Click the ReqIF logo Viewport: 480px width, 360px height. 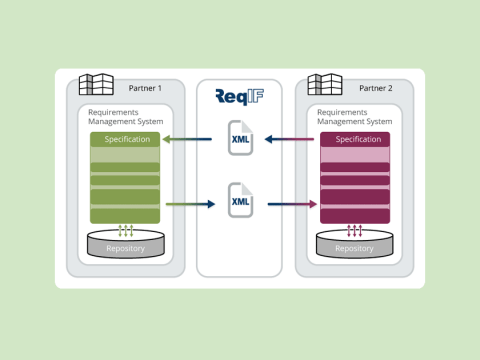pos(240,97)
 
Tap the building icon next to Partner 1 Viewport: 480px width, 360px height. pos(96,83)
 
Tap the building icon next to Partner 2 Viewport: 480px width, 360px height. pos(325,83)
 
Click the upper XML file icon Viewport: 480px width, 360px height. pos(240,138)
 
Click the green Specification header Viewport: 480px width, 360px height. pos(125,139)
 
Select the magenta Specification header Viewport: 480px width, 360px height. pos(355,139)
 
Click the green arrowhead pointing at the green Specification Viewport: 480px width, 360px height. pos(166,139)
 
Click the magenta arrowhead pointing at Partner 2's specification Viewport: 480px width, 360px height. pos(313,204)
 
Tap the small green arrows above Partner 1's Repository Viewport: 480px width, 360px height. pos(125,230)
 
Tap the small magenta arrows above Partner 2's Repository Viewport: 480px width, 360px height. pos(355,230)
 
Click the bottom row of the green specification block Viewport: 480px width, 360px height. pos(125,216)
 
